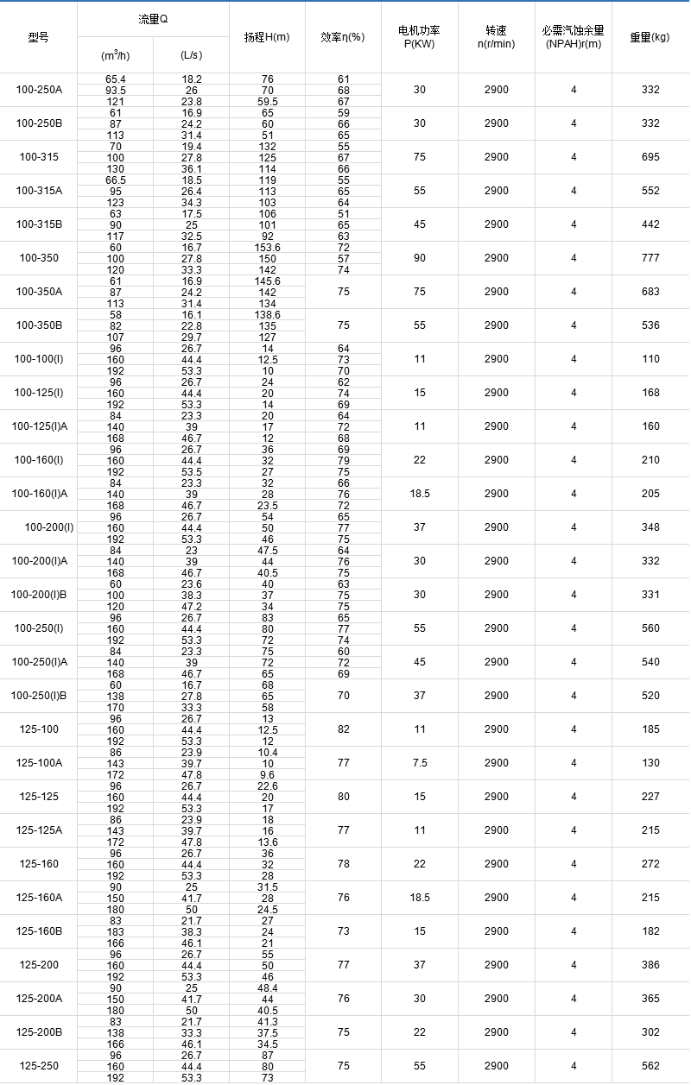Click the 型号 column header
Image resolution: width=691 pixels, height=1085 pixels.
tap(39, 37)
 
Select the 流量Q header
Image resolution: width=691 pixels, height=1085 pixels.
tap(153, 19)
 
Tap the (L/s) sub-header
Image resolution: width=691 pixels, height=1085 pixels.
tap(191, 54)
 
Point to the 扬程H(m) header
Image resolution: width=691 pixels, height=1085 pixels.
tap(267, 37)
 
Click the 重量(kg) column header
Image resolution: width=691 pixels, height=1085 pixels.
tap(650, 37)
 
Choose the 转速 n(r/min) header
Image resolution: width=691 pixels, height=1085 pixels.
tap(496, 37)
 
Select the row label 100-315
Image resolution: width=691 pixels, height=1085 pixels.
tap(39, 157)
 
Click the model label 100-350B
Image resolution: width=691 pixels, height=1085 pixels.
tap(39, 325)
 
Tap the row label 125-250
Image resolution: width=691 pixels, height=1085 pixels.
tap(39, 1066)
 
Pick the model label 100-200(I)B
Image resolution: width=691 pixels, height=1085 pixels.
tap(39, 595)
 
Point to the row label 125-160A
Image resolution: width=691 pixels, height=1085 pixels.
tap(39, 898)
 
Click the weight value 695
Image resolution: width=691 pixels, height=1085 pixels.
tap(650, 157)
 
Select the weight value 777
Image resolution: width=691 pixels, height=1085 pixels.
tap(650, 258)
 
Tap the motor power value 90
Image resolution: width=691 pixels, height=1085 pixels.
tap(419, 258)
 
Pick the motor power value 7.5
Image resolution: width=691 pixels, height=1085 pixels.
tap(419, 763)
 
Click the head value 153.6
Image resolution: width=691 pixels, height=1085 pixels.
tap(268, 248)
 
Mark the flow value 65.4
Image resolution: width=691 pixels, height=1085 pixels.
tap(115, 79)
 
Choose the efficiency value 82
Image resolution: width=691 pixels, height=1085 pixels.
tap(344, 729)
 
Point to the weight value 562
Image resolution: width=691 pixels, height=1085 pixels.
tap(650, 1066)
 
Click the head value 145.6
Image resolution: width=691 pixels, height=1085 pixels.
tap(268, 281)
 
